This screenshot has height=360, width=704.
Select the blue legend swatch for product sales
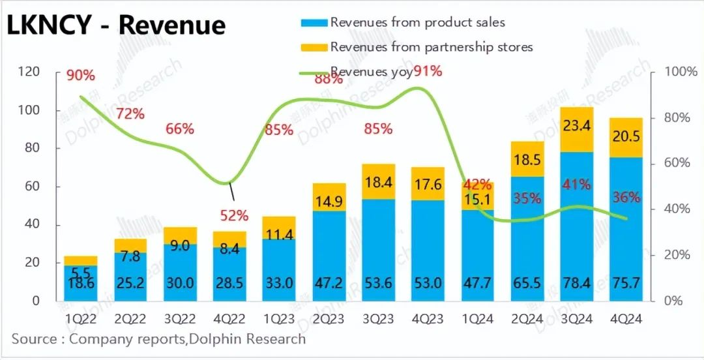click(x=315, y=23)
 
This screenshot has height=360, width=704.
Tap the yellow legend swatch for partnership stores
click(x=315, y=47)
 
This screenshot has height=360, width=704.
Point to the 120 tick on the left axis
click(x=30, y=72)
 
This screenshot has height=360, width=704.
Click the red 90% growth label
click(x=81, y=76)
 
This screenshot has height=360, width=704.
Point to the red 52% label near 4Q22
click(x=234, y=215)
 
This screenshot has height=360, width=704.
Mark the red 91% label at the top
click(x=428, y=71)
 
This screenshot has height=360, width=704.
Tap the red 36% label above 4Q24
click(x=626, y=196)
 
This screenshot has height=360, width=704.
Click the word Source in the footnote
click(x=33, y=339)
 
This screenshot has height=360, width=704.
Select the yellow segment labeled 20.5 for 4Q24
click(x=626, y=138)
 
